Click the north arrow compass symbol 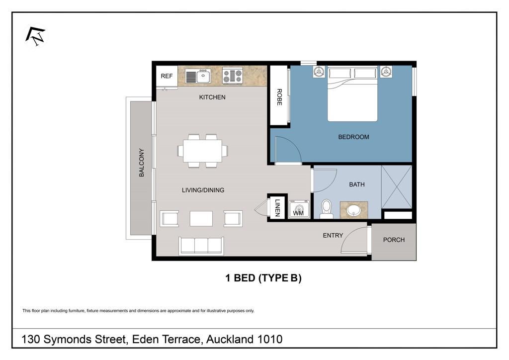[x=35, y=36]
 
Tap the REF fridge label [x=167, y=76]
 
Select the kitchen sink [x=198, y=76]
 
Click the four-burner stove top [x=233, y=76]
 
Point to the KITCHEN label [x=212, y=97]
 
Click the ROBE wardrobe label [x=279, y=97]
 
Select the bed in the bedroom [x=352, y=94]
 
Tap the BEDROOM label [x=353, y=137]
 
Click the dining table [x=203, y=151]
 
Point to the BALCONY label [x=141, y=163]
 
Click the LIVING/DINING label [x=203, y=190]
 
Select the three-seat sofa [x=201, y=246]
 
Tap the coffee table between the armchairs [x=201, y=218]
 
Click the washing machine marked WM [x=299, y=209]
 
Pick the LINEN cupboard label [x=277, y=207]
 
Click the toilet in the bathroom [x=326, y=209]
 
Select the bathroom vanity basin [x=353, y=210]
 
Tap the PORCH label [x=394, y=240]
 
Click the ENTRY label [x=333, y=235]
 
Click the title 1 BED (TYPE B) [x=263, y=278]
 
